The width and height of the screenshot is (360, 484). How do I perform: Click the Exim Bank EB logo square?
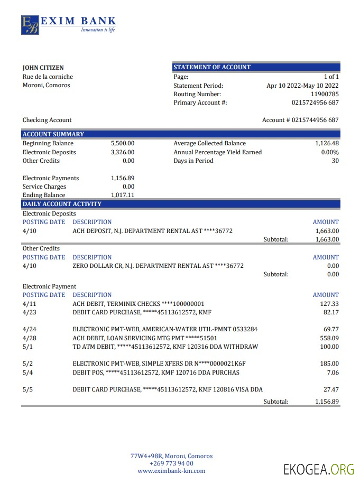[x=30, y=24]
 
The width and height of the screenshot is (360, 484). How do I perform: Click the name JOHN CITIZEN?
[x=43, y=68]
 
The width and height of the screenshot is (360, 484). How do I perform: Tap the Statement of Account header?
[x=212, y=67]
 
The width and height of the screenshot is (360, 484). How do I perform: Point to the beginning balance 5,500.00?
[x=123, y=143]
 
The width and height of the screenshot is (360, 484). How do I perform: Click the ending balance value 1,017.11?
[x=123, y=195]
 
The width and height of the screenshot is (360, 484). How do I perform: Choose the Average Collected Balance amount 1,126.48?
[x=327, y=143]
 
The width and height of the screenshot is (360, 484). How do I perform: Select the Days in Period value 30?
[x=335, y=161]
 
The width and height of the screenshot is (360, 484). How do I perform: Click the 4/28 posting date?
[x=30, y=338]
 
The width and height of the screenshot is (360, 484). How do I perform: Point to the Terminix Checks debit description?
[x=138, y=304]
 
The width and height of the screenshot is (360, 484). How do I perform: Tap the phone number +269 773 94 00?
[x=171, y=463]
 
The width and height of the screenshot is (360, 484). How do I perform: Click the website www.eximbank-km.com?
[x=171, y=471]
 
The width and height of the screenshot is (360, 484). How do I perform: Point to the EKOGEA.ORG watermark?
[x=318, y=469]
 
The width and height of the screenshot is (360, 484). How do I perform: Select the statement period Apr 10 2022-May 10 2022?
[x=302, y=86]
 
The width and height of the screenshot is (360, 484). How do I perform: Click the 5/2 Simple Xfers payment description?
[x=159, y=364]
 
